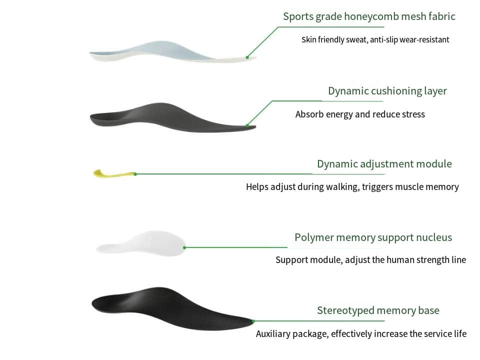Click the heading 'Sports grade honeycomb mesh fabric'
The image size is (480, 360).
coord(369,16)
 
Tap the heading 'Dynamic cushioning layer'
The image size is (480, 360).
coord(387,91)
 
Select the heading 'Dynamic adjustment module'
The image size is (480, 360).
coord(384,164)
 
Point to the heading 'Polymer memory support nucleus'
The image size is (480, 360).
coord(373,237)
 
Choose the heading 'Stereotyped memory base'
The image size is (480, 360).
coord(378,310)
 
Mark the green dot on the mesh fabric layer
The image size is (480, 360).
coord(247,57)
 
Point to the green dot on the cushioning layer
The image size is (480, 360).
coord(247,125)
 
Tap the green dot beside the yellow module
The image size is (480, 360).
coord(135,174)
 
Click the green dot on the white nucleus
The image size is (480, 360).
coord(184,247)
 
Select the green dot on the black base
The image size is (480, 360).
coord(253,321)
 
